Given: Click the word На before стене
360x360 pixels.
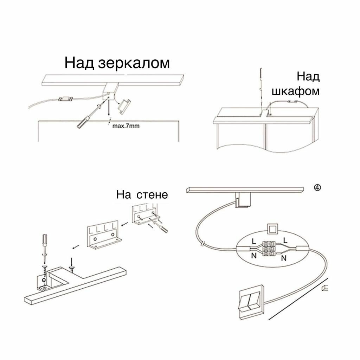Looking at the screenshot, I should (124, 195).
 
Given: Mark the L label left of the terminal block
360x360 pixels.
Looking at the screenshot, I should (253, 241).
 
